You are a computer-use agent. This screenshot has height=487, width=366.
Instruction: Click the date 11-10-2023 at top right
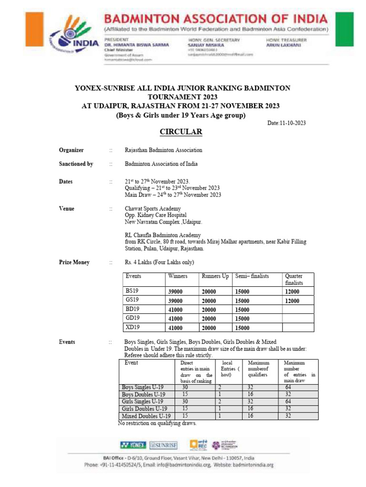[x=286, y=123]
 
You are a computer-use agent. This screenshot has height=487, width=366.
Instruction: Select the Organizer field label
[x=71, y=150]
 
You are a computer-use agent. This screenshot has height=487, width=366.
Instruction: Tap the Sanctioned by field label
[x=76, y=164]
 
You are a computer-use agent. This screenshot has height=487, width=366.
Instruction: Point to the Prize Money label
[x=74, y=263]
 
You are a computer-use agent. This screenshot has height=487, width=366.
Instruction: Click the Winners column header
[x=178, y=276]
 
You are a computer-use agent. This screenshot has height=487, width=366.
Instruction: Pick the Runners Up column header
[x=215, y=276]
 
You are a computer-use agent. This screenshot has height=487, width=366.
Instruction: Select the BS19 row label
[x=132, y=291]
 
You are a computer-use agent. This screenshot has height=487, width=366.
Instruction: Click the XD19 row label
[x=132, y=327]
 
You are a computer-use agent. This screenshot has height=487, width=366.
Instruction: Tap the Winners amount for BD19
[x=175, y=310]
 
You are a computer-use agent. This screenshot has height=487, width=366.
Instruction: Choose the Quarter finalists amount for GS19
[x=292, y=301]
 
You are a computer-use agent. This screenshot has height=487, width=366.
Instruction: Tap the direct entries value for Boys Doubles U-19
[x=185, y=395]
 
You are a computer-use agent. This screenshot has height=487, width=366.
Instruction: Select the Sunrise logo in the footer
[x=163, y=445]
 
